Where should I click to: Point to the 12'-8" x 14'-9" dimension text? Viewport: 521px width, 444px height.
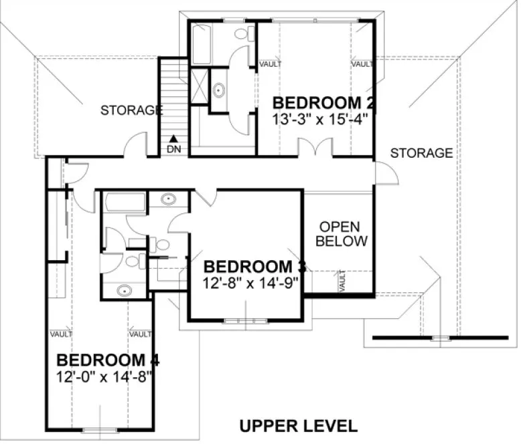[x=250, y=282]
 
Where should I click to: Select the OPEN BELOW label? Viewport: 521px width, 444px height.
[x=342, y=233]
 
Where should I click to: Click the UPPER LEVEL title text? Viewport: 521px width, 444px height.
[x=298, y=425]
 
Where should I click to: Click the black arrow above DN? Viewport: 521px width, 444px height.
[x=173, y=139]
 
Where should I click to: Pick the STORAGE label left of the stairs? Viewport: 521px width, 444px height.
[x=131, y=110]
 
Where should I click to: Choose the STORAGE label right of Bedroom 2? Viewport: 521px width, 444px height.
[x=421, y=153]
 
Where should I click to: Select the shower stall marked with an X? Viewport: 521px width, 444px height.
[x=200, y=88]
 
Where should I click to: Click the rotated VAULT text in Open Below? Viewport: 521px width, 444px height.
[x=342, y=281]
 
